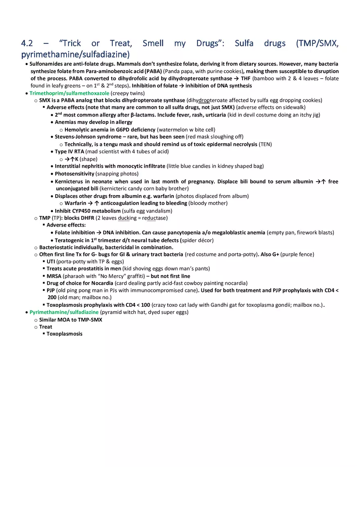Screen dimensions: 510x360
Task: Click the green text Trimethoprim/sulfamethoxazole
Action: coord(69,93)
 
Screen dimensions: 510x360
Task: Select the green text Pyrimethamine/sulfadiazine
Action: coord(64,312)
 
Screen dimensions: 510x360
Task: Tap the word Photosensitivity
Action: coord(74,173)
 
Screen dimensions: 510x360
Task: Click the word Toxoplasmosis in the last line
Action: coord(64,334)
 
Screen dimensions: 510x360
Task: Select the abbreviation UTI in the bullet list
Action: coord(51,261)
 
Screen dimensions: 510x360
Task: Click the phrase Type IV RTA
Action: coord(69,151)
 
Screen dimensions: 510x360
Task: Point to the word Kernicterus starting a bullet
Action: coord(70,182)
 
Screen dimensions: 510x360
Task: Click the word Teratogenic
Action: coord(70,240)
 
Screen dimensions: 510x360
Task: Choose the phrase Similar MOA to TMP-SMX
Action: coord(70,319)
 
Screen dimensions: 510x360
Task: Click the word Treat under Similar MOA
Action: coord(45,327)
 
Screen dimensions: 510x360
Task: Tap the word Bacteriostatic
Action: coord(58,247)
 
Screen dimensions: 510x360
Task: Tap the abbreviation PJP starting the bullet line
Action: coord(51,290)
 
